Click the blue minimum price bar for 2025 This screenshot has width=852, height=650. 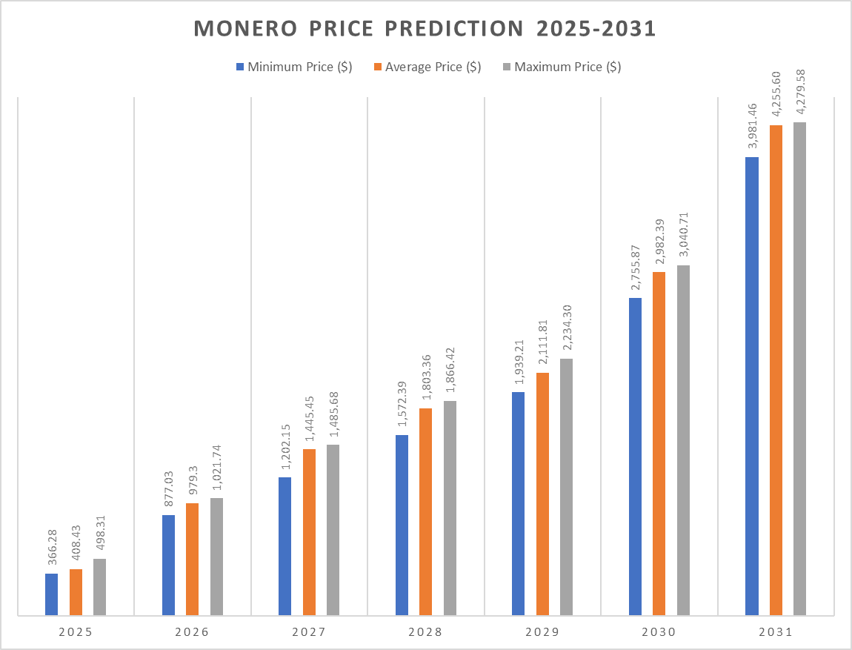point(51,594)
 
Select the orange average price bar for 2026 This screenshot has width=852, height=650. point(192,559)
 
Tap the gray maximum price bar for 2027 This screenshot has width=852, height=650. point(333,529)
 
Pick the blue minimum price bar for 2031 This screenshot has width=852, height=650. point(752,385)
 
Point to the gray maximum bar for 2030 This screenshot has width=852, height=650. point(683,440)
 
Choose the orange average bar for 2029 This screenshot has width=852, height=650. point(542,494)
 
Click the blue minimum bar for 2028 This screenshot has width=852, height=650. point(402,525)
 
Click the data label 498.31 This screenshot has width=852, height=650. point(100,533)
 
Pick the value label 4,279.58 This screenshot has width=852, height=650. point(800,93)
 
